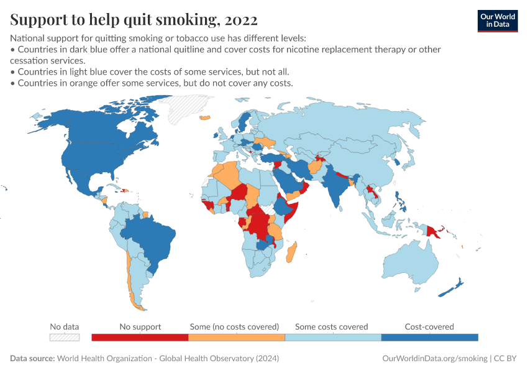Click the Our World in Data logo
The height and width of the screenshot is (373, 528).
pyautogui.click(x=497, y=20)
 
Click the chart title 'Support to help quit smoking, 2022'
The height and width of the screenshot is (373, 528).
pyautogui.click(x=134, y=20)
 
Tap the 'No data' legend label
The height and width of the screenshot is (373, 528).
pyautogui.click(x=65, y=326)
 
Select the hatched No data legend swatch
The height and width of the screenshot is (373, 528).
pyautogui.click(x=65, y=337)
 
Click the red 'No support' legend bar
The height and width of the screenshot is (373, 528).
pyautogui.click(x=140, y=337)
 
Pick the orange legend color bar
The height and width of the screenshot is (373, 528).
pyautogui.click(x=236, y=337)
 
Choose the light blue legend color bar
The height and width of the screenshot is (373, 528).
pyautogui.click(x=333, y=337)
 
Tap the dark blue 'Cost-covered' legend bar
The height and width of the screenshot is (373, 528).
pyautogui.click(x=429, y=337)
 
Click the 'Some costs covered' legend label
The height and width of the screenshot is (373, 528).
pyautogui.click(x=331, y=326)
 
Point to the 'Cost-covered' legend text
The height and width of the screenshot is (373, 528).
pyautogui.click(x=429, y=326)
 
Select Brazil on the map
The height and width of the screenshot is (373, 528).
pyautogui.click(x=149, y=236)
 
